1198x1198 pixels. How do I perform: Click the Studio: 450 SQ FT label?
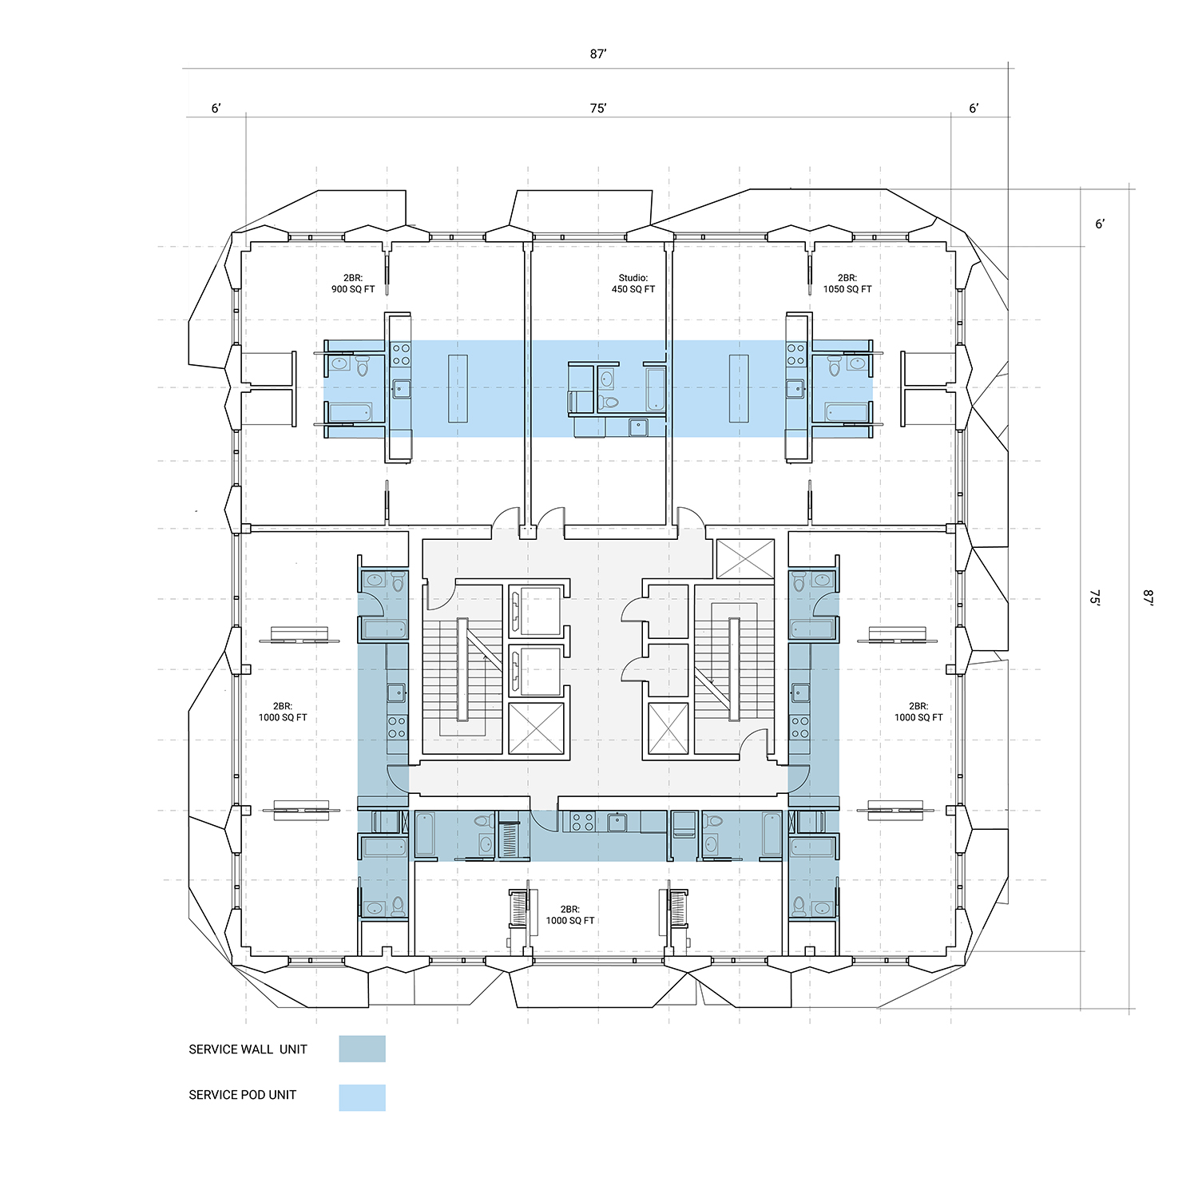coord(633,284)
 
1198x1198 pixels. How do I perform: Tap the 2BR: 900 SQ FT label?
coord(353,284)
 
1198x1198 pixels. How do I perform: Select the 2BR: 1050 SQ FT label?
coord(847,284)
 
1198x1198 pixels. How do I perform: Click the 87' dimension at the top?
coord(598,54)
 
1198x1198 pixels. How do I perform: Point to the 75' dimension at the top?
coord(598,109)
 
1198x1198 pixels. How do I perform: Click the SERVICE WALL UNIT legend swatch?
coord(362,1049)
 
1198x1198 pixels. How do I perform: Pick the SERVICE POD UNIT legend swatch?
coord(362,1097)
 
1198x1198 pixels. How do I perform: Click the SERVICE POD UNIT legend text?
coord(242,1095)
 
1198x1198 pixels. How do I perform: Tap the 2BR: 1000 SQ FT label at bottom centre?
coord(569,915)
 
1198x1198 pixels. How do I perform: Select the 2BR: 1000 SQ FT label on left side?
coord(282,712)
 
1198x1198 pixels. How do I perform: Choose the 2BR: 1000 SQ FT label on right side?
coord(918,712)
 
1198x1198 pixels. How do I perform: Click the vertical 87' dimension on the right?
coord(1148,598)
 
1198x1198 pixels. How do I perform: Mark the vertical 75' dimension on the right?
coord(1095,598)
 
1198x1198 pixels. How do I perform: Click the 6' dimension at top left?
coord(216,109)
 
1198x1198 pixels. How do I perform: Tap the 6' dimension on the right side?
coord(1100,224)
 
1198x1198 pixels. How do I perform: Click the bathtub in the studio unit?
coord(655,389)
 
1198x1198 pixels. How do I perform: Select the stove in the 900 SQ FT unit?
coord(400,355)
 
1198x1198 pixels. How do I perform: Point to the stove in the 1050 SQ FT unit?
coord(796,355)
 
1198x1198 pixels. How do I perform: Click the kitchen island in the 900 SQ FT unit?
coord(458,389)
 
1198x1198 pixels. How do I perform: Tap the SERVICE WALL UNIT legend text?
coord(248,1049)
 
